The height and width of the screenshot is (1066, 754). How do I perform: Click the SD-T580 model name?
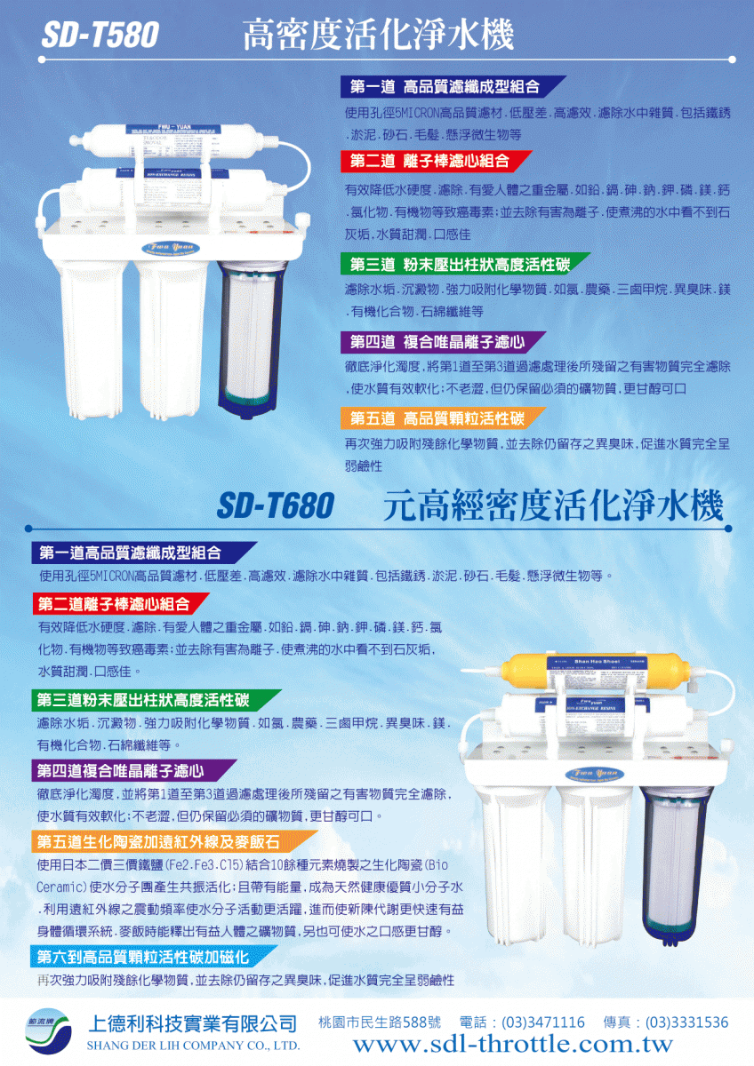pos(99,36)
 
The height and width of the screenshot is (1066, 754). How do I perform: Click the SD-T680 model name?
pos(275,506)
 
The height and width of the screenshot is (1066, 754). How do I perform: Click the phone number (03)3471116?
pos(543,1022)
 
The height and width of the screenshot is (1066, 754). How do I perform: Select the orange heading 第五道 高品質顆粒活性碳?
pos(437,418)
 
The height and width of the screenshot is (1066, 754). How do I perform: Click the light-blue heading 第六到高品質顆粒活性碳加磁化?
pos(142,957)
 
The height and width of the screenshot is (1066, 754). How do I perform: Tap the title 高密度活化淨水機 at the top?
pos(378,36)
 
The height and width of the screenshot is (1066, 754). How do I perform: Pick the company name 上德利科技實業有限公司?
pos(190,1023)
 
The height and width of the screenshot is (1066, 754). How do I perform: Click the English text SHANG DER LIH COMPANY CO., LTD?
pos(191,1046)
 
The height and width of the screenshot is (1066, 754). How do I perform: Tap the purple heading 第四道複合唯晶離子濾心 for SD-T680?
pos(121,770)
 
